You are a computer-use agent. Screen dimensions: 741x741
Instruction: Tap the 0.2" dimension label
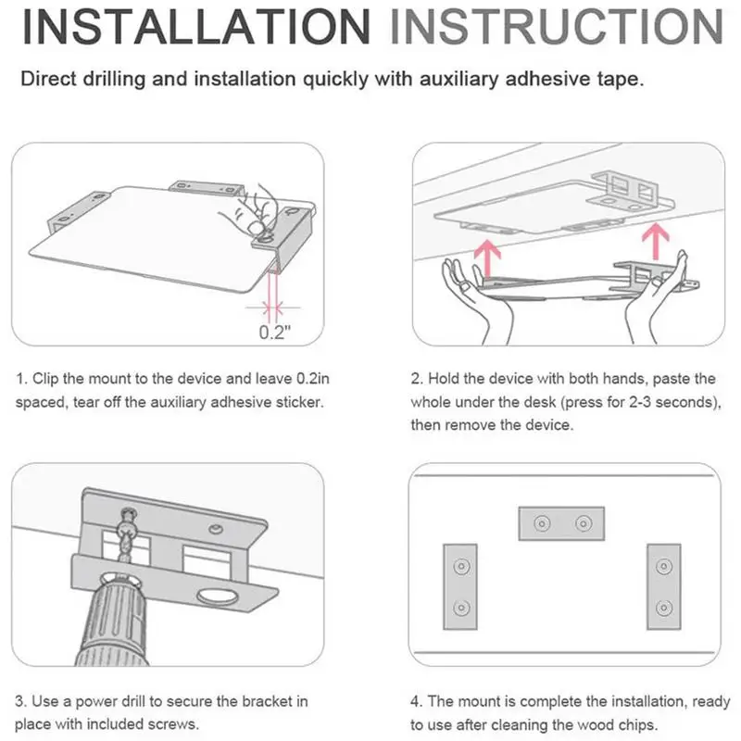[x=274, y=333]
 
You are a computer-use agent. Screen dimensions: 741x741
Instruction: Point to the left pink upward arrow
[x=488, y=259]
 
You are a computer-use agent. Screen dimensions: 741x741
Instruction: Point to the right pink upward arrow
[x=656, y=241]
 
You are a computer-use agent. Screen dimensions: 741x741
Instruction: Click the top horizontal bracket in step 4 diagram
[x=561, y=523]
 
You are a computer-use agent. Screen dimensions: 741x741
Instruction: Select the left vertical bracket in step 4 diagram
[x=460, y=586]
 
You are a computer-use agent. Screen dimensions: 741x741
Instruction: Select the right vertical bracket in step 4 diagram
[x=664, y=586]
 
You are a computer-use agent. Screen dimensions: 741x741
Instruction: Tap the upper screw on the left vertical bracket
[x=461, y=566]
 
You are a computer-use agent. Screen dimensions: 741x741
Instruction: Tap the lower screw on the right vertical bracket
[x=664, y=608]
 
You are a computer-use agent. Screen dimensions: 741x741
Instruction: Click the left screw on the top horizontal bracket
[x=542, y=523]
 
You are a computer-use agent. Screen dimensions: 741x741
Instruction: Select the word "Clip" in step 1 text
[x=45, y=380]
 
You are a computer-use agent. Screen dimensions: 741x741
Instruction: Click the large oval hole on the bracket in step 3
[x=219, y=596]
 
